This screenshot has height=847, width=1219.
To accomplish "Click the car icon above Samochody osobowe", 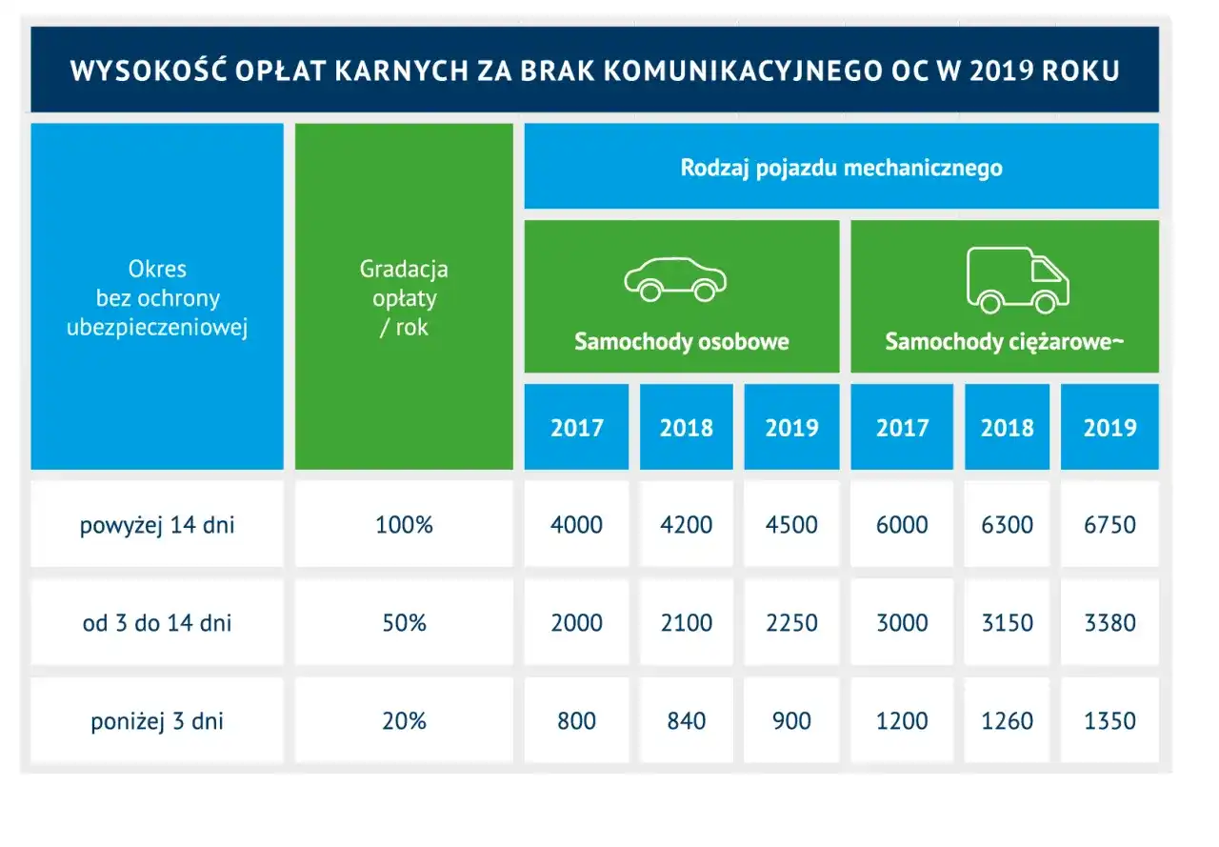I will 675,278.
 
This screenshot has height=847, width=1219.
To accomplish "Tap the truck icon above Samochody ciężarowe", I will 1017,280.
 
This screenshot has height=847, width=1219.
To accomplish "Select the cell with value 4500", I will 791,525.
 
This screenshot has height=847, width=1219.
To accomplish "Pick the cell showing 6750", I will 1109,525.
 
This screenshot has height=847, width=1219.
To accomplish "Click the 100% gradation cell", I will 404,525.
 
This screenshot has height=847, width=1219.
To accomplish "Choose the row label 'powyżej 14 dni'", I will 157,525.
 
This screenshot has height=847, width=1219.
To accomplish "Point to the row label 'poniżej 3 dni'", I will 157,721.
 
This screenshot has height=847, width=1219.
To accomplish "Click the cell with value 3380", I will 1109,623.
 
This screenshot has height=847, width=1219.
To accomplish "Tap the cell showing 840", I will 686,721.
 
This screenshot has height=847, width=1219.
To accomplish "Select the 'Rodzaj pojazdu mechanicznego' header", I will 841,169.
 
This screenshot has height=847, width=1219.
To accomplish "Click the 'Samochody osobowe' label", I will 681,342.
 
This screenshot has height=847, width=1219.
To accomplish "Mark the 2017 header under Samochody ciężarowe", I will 901,427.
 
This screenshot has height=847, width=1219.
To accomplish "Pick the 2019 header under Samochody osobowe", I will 791,427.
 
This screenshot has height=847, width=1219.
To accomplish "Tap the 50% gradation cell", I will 404,623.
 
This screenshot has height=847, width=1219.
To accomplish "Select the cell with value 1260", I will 1007,721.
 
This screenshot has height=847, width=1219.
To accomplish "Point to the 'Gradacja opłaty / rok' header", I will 404,297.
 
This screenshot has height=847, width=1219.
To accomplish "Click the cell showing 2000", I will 576,623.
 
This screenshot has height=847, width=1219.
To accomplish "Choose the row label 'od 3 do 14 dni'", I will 157,623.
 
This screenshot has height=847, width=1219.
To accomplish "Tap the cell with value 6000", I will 901,525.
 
